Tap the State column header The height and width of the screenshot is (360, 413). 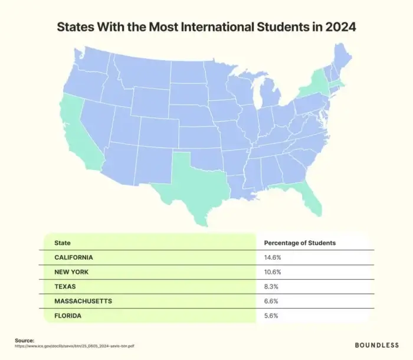click(x=62, y=243)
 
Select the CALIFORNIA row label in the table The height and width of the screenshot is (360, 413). click(x=74, y=257)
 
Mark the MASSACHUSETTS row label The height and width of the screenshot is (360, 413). click(x=83, y=301)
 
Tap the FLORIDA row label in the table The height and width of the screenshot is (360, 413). click(x=68, y=316)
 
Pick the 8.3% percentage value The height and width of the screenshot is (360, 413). click(x=271, y=286)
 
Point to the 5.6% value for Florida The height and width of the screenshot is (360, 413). click(x=271, y=316)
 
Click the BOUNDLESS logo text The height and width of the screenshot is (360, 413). click(x=376, y=344)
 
